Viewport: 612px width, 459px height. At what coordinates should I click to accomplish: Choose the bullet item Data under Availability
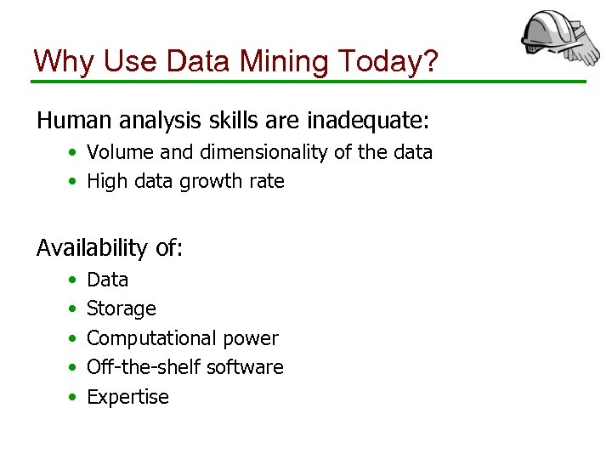(107, 280)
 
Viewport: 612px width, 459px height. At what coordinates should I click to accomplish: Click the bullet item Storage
(122, 309)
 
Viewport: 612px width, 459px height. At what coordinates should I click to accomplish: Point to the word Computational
(150, 338)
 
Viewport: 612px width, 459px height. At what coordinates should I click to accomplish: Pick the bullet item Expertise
(127, 397)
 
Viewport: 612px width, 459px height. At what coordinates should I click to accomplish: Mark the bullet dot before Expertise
(73, 397)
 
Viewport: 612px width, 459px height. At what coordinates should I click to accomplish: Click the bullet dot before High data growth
(73, 181)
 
